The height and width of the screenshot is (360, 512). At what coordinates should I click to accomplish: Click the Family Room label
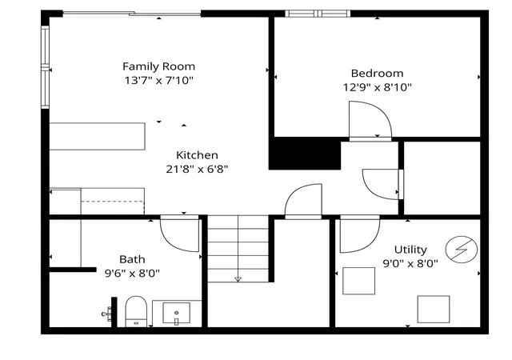(x=158, y=66)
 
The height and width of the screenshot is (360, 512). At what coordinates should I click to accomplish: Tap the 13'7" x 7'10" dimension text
(x=158, y=80)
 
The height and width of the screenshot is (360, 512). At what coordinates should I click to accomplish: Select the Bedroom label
(x=377, y=73)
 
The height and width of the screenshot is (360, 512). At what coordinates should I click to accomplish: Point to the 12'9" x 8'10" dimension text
(x=377, y=87)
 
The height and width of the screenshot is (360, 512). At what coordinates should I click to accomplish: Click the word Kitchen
(x=197, y=155)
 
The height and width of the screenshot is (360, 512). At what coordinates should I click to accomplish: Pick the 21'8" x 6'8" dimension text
(x=197, y=170)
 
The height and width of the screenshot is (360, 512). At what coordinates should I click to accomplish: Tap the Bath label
(x=132, y=259)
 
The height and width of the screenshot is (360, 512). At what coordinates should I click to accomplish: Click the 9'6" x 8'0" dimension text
(x=132, y=273)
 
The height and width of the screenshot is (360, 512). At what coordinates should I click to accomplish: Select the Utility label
(x=410, y=250)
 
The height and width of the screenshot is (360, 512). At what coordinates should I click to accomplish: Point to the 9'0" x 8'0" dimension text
(x=410, y=263)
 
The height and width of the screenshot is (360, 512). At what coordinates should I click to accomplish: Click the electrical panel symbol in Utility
(x=462, y=250)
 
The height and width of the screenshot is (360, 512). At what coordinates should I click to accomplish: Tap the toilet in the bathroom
(x=136, y=311)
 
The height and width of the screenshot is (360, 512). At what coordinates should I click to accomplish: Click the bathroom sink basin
(x=176, y=313)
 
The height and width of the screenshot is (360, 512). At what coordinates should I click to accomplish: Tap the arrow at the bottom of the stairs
(x=238, y=279)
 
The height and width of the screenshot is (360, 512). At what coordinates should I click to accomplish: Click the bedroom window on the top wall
(x=318, y=14)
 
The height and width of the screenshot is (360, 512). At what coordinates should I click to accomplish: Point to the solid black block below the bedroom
(x=305, y=154)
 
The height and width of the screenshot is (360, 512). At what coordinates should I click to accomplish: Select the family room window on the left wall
(x=45, y=67)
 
